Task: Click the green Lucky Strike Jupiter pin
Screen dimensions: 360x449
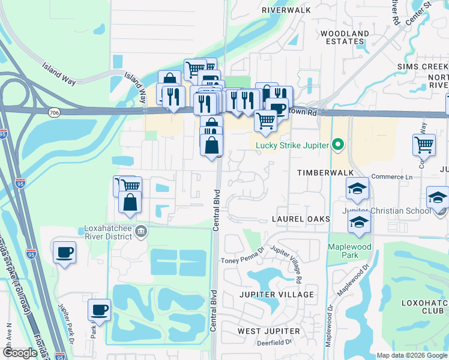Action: pyautogui.click(x=337, y=145)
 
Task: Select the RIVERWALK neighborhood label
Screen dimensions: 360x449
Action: pyautogui.click(x=286, y=10)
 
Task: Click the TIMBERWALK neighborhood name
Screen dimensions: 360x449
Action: pyautogui.click(x=324, y=172)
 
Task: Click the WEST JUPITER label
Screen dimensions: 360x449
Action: pyautogui.click(x=268, y=331)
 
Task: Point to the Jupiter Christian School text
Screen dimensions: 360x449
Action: pyautogui.click(x=387, y=211)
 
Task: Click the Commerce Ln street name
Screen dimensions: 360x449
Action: pyautogui.click(x=392, y=176)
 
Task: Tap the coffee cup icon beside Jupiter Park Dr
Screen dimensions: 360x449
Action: pyautogui.click(x=100, y=310)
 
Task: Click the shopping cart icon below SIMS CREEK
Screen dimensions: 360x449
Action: pyautogui.click(x=424, y=144)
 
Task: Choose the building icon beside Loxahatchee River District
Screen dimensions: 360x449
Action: pyautogui.click(x=140, y=231)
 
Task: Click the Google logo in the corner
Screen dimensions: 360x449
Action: pyautogui.click(x=19, y=353)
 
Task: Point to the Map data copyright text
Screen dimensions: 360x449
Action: pyautogui.click(x=411, y=355)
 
